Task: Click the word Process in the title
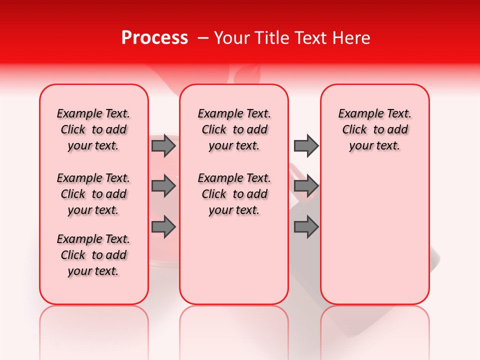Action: (154, 38)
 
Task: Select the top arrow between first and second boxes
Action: (163, 145)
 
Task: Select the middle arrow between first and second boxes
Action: (163, 186)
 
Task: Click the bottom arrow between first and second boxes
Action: (163, 227)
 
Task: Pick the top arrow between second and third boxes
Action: (306, 145)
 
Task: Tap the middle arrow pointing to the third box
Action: (306, 186)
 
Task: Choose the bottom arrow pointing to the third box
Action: (306, 227)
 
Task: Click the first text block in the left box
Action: (93, 129)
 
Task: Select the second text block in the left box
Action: (93, 194)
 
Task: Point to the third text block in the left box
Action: (93, 255)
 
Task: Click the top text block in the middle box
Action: (234, 129)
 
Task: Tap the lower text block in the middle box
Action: (234, 194)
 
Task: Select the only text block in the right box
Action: (374, 129)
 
